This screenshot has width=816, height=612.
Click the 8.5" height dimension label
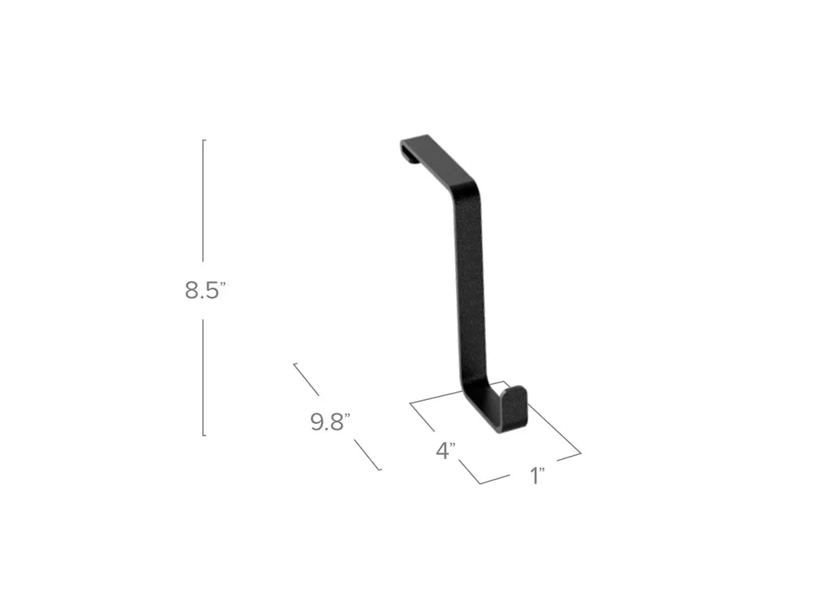206,291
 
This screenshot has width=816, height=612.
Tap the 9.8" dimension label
330,422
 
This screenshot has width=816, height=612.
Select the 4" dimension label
445,451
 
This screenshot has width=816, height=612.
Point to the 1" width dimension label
537,477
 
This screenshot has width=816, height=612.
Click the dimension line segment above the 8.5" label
203,199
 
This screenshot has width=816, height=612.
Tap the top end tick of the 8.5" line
205,140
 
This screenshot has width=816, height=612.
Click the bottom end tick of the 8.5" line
205,435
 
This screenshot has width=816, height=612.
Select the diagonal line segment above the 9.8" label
307,379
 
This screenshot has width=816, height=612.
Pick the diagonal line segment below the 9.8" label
367,457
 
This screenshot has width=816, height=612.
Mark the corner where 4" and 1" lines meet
481,483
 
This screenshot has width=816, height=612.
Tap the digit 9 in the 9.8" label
317,422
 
